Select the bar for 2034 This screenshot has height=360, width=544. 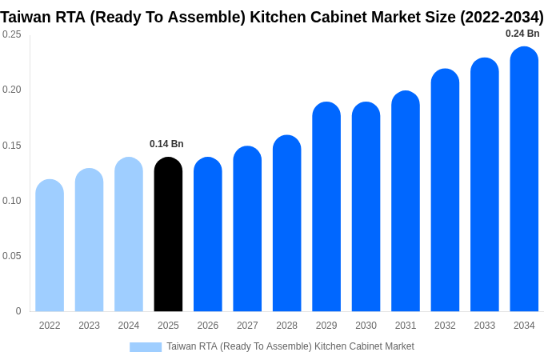pyautogui.click(x=524, y=179)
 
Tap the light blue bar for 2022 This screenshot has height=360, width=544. pyautogui.click(x=50, y=246)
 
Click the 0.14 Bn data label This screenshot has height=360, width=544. pyautogui.click(x=166, y=144)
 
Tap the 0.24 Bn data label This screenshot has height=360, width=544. pyautogui.click(x=522, y=34)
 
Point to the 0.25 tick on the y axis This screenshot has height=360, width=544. pyautogui.click(x=12, y=34)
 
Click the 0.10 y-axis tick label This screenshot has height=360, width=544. pyautogui.click(x=12, y=201)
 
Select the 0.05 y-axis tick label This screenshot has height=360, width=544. pyautogui.click(x=12, y=256)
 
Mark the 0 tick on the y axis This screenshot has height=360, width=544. pyautogui.click(x=18, y=311)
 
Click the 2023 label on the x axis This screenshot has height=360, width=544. pyautogui.click(x=89, y=326)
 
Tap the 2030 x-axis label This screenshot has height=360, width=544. pyautogui.click(x=366, y=326)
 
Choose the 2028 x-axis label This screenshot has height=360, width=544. pyautogui.click(x=286, y=326)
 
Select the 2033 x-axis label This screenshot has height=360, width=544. pyautogui.click(x=484, y=326)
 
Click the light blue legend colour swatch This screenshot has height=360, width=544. pyautogui.click(x=146, y=347)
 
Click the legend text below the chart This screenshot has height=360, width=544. pyautogui.click(x=290, y=346)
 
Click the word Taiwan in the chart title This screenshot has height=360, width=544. pyautogui.click(x=27, y=17)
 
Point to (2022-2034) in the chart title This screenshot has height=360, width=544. pyautogui.click(x=502, y=17)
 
